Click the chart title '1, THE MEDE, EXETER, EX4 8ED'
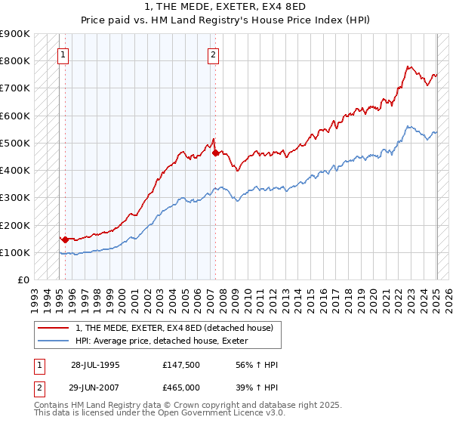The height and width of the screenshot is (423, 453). click(x=226, y=8)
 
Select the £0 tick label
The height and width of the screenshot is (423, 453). click(x=23, y=280)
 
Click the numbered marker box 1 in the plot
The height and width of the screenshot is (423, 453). click(x=63, y=54)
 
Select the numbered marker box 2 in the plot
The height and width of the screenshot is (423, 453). click(x=214, y=54)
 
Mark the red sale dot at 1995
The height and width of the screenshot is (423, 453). click(x=65, y=239)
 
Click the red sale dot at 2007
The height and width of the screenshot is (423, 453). click(x=216, y=153)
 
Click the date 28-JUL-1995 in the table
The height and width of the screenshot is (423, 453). click(x=95, y=364)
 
